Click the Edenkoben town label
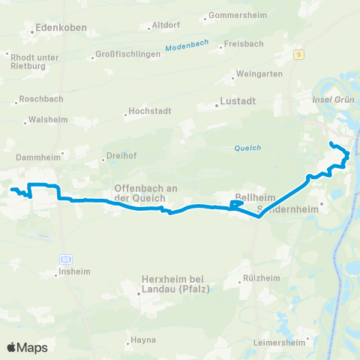[x=61, y=28]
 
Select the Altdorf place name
[x=164, y=25]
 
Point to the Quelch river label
[x=247, y=148]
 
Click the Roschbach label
[x=41, y=99]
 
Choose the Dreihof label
[x=120, y=159]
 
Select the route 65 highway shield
[x=67, y=259]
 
